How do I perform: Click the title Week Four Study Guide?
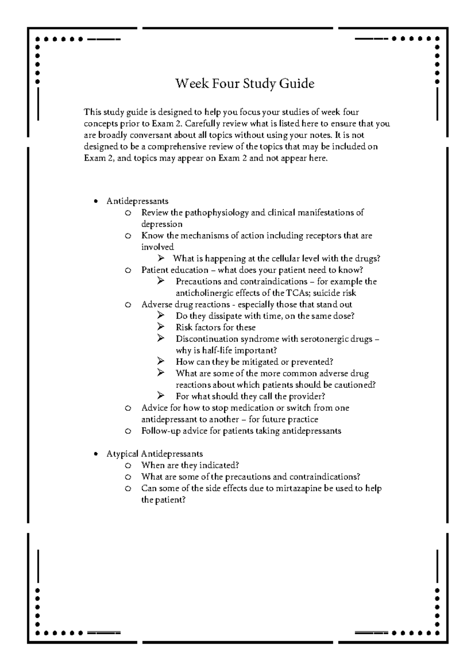(245, 84)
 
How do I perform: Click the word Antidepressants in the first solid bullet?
(137, 201)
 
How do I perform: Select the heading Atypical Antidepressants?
(154, 454)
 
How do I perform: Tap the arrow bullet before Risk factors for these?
(160, 327)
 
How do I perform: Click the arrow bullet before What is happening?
(160, 258)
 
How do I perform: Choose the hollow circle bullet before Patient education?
(127, 270)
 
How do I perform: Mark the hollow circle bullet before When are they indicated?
(127, 465)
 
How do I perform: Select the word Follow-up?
(158, 431)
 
